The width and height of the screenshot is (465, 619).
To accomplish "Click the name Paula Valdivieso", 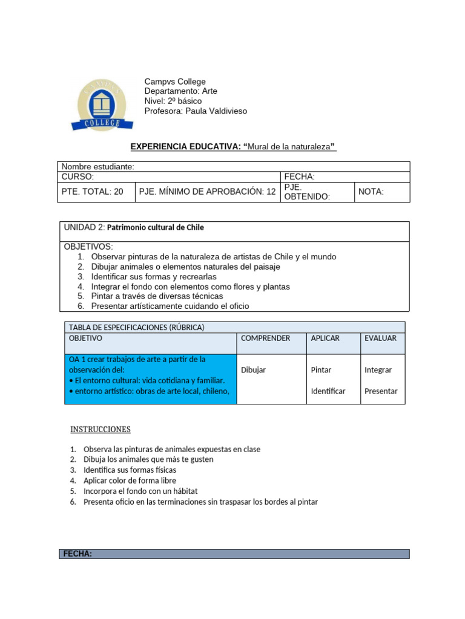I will pos(216,111).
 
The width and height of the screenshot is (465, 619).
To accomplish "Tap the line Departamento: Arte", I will pos(180,91).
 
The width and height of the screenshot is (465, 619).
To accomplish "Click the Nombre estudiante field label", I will pos(98,167).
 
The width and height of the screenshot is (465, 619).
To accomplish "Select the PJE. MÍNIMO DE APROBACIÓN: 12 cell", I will pos(207,192).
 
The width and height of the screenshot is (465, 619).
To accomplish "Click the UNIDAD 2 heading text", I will pos(134,228).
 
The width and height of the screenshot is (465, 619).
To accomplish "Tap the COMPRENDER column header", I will pos(265,339).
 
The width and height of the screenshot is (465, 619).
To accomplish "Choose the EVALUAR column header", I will pos(380,339).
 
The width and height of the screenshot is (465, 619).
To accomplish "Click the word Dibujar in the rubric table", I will pos(253,370).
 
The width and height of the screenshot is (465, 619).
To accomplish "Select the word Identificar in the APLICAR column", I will pos(328,391).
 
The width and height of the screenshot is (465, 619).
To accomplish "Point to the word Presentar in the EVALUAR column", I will pos(381,391).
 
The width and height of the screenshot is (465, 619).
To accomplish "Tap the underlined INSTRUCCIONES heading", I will pos(101,430).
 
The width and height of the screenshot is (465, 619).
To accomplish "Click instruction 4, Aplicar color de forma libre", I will pos(130,481).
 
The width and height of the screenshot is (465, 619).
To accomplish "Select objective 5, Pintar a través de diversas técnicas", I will pos(157,296).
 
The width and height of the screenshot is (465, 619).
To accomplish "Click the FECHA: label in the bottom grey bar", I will pos(77,554).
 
